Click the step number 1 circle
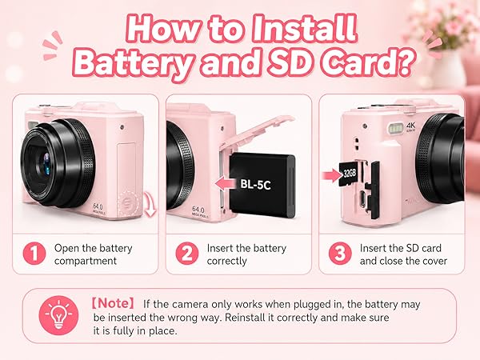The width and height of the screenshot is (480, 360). (34, 253)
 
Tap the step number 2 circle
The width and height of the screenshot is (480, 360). (186, 253)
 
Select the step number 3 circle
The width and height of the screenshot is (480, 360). (340, 253)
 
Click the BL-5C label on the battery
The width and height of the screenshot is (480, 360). (255, 184)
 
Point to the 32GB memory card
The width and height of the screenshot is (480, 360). (349, 174)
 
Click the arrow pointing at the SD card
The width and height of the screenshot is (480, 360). (332, 176)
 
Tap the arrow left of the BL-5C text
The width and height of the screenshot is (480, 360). (226, 184)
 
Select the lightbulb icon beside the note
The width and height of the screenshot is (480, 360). (58, 315)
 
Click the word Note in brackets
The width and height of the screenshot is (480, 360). (113, 303)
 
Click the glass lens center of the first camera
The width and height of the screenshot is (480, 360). (46, 163)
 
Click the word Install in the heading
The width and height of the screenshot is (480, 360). (305, 29)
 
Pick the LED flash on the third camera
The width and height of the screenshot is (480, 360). (396, 128)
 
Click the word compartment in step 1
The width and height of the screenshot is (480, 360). (86, 261)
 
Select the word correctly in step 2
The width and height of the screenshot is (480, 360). (227, 261)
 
